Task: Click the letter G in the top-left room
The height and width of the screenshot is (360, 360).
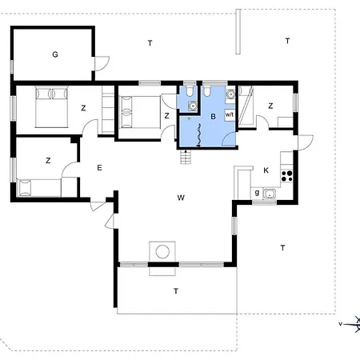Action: pos(55,54)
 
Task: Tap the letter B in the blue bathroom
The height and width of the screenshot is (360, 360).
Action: pos(213,117)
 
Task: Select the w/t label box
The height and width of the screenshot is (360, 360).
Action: pos(230,114)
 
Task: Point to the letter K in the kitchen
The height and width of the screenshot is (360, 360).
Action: pos(266,170)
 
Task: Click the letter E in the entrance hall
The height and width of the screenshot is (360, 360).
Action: pos(99,167)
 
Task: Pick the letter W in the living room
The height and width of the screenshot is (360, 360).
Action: pos(182,197)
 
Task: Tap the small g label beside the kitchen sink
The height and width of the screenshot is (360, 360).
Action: pos(256,192)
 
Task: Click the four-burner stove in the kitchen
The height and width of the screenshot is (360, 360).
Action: pos(287,176)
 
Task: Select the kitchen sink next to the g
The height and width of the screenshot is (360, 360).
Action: pos(270,193)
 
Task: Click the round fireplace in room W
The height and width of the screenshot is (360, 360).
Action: pos(163,251)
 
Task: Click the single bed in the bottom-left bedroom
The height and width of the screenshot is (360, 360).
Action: pos(40,187)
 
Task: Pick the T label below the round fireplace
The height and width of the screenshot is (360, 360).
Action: pos(175,291)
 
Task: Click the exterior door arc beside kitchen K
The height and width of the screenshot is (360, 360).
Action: pos(304,144)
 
